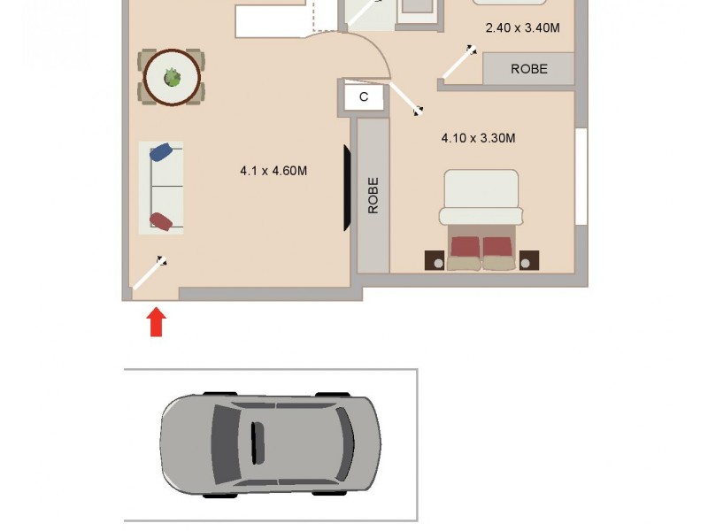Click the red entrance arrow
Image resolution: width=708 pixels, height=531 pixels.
point(156,321)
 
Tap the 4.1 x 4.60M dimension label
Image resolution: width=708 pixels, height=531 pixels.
point(273,171)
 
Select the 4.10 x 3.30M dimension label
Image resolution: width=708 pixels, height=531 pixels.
point(478,138)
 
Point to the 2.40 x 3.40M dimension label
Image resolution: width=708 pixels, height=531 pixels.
point(522,27)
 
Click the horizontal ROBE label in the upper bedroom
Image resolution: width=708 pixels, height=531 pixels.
point(529,69)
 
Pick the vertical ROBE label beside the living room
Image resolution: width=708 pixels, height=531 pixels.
point(373,195)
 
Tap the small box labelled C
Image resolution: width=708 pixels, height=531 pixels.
point(364,97)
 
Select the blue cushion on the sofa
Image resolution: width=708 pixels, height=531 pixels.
point(161,153)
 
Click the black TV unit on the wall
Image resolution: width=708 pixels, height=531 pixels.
point(348,188)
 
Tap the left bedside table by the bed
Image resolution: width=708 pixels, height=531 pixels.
point(435,260)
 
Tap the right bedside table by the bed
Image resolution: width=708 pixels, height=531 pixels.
point(528,260)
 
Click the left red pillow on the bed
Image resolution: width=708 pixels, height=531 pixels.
point(466,247)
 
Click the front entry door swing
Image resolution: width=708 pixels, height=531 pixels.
point(150,273)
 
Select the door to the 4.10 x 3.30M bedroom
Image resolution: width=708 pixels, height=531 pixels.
point(405,99)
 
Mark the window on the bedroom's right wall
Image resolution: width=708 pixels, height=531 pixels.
point(581,176)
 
